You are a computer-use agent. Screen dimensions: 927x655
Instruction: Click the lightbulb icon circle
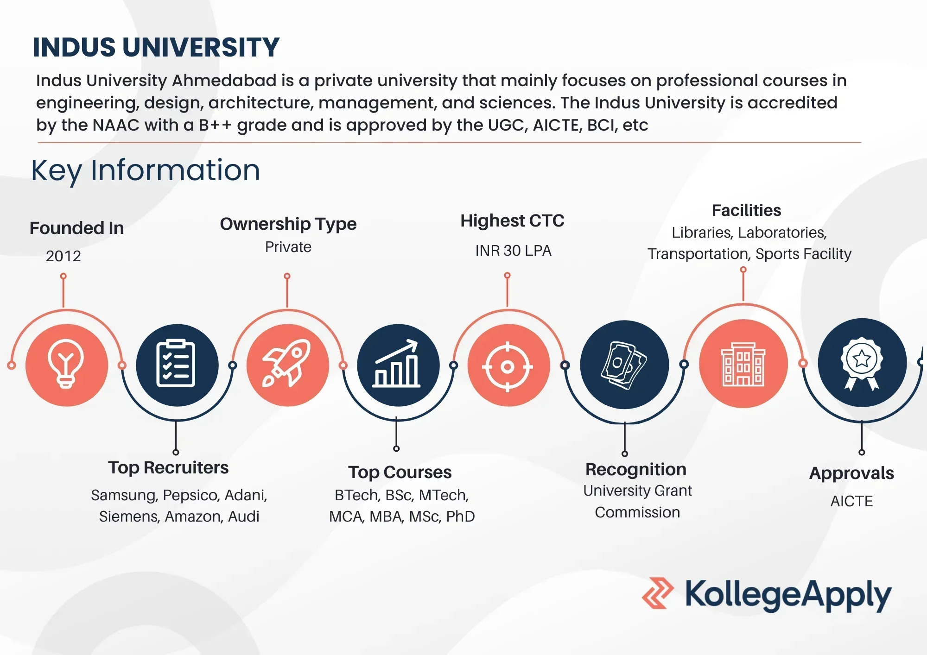coord(67,365)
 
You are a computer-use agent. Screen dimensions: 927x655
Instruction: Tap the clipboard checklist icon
coord(176,364)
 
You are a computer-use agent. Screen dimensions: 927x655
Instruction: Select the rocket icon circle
coord(288,365)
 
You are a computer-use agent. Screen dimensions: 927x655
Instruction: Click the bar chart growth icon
coord(397,364)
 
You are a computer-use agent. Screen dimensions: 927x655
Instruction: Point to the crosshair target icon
coord(508,367)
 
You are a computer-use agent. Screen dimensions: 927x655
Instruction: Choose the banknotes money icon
coord(624,365)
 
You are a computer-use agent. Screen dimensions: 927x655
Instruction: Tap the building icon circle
coord(743,364)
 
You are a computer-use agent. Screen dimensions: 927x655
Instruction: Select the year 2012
coord(63,256)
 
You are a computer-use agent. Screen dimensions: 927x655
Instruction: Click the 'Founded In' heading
coord(77,228)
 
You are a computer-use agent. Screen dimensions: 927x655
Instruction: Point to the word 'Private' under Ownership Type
coord(288,247)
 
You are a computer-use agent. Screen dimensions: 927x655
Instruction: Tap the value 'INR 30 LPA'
coord(513,251)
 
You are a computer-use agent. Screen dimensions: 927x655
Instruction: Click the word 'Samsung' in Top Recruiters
coord(124,495)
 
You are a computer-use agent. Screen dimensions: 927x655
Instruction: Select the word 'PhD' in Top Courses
coord(460,516)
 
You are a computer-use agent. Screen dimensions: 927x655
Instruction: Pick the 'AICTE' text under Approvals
coord(851,501)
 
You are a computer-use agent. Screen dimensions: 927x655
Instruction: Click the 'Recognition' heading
coord(636,470)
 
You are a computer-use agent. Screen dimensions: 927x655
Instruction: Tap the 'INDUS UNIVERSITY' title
coord(156,47)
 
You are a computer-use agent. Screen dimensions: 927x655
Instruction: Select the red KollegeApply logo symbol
coord(657,593)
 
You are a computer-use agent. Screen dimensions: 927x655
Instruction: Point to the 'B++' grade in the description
coord(215,125)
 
